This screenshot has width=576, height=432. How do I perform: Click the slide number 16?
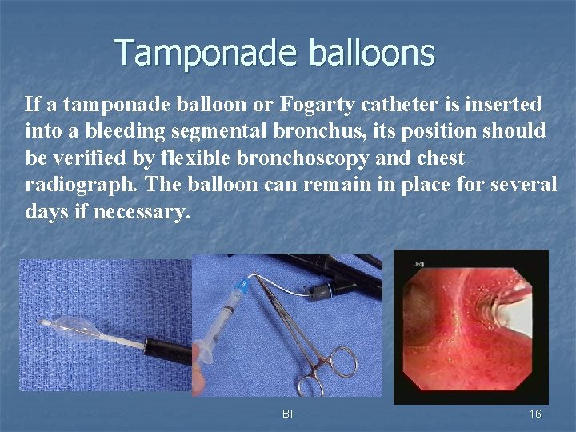tap(534, 414)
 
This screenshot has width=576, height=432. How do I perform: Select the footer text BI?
tap(287, 414)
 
